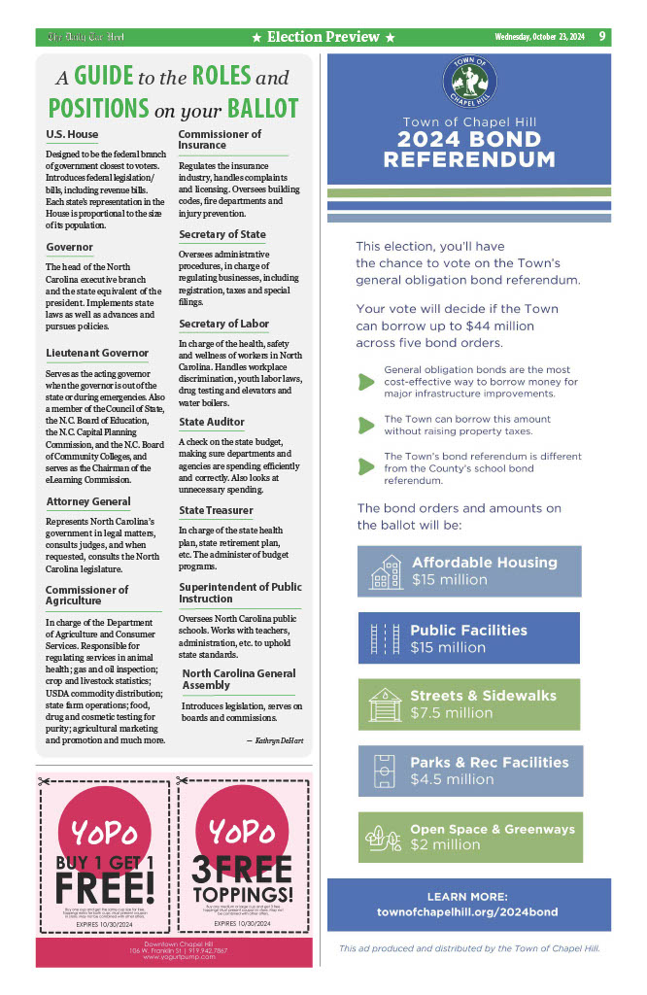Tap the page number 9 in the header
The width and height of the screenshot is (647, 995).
[602, 37]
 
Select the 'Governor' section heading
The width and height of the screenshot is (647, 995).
[70, 247]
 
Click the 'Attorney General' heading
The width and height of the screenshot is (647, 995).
[88, 501]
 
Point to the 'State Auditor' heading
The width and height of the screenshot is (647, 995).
[212, 422]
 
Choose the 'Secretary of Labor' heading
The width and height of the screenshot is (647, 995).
[223, 324]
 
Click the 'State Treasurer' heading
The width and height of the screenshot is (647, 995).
[216, 510]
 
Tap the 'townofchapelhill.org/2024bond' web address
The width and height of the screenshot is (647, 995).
[467, 912]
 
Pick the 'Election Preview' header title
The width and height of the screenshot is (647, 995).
[323, 37]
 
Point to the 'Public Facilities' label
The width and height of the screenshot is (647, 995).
[468, 630]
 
